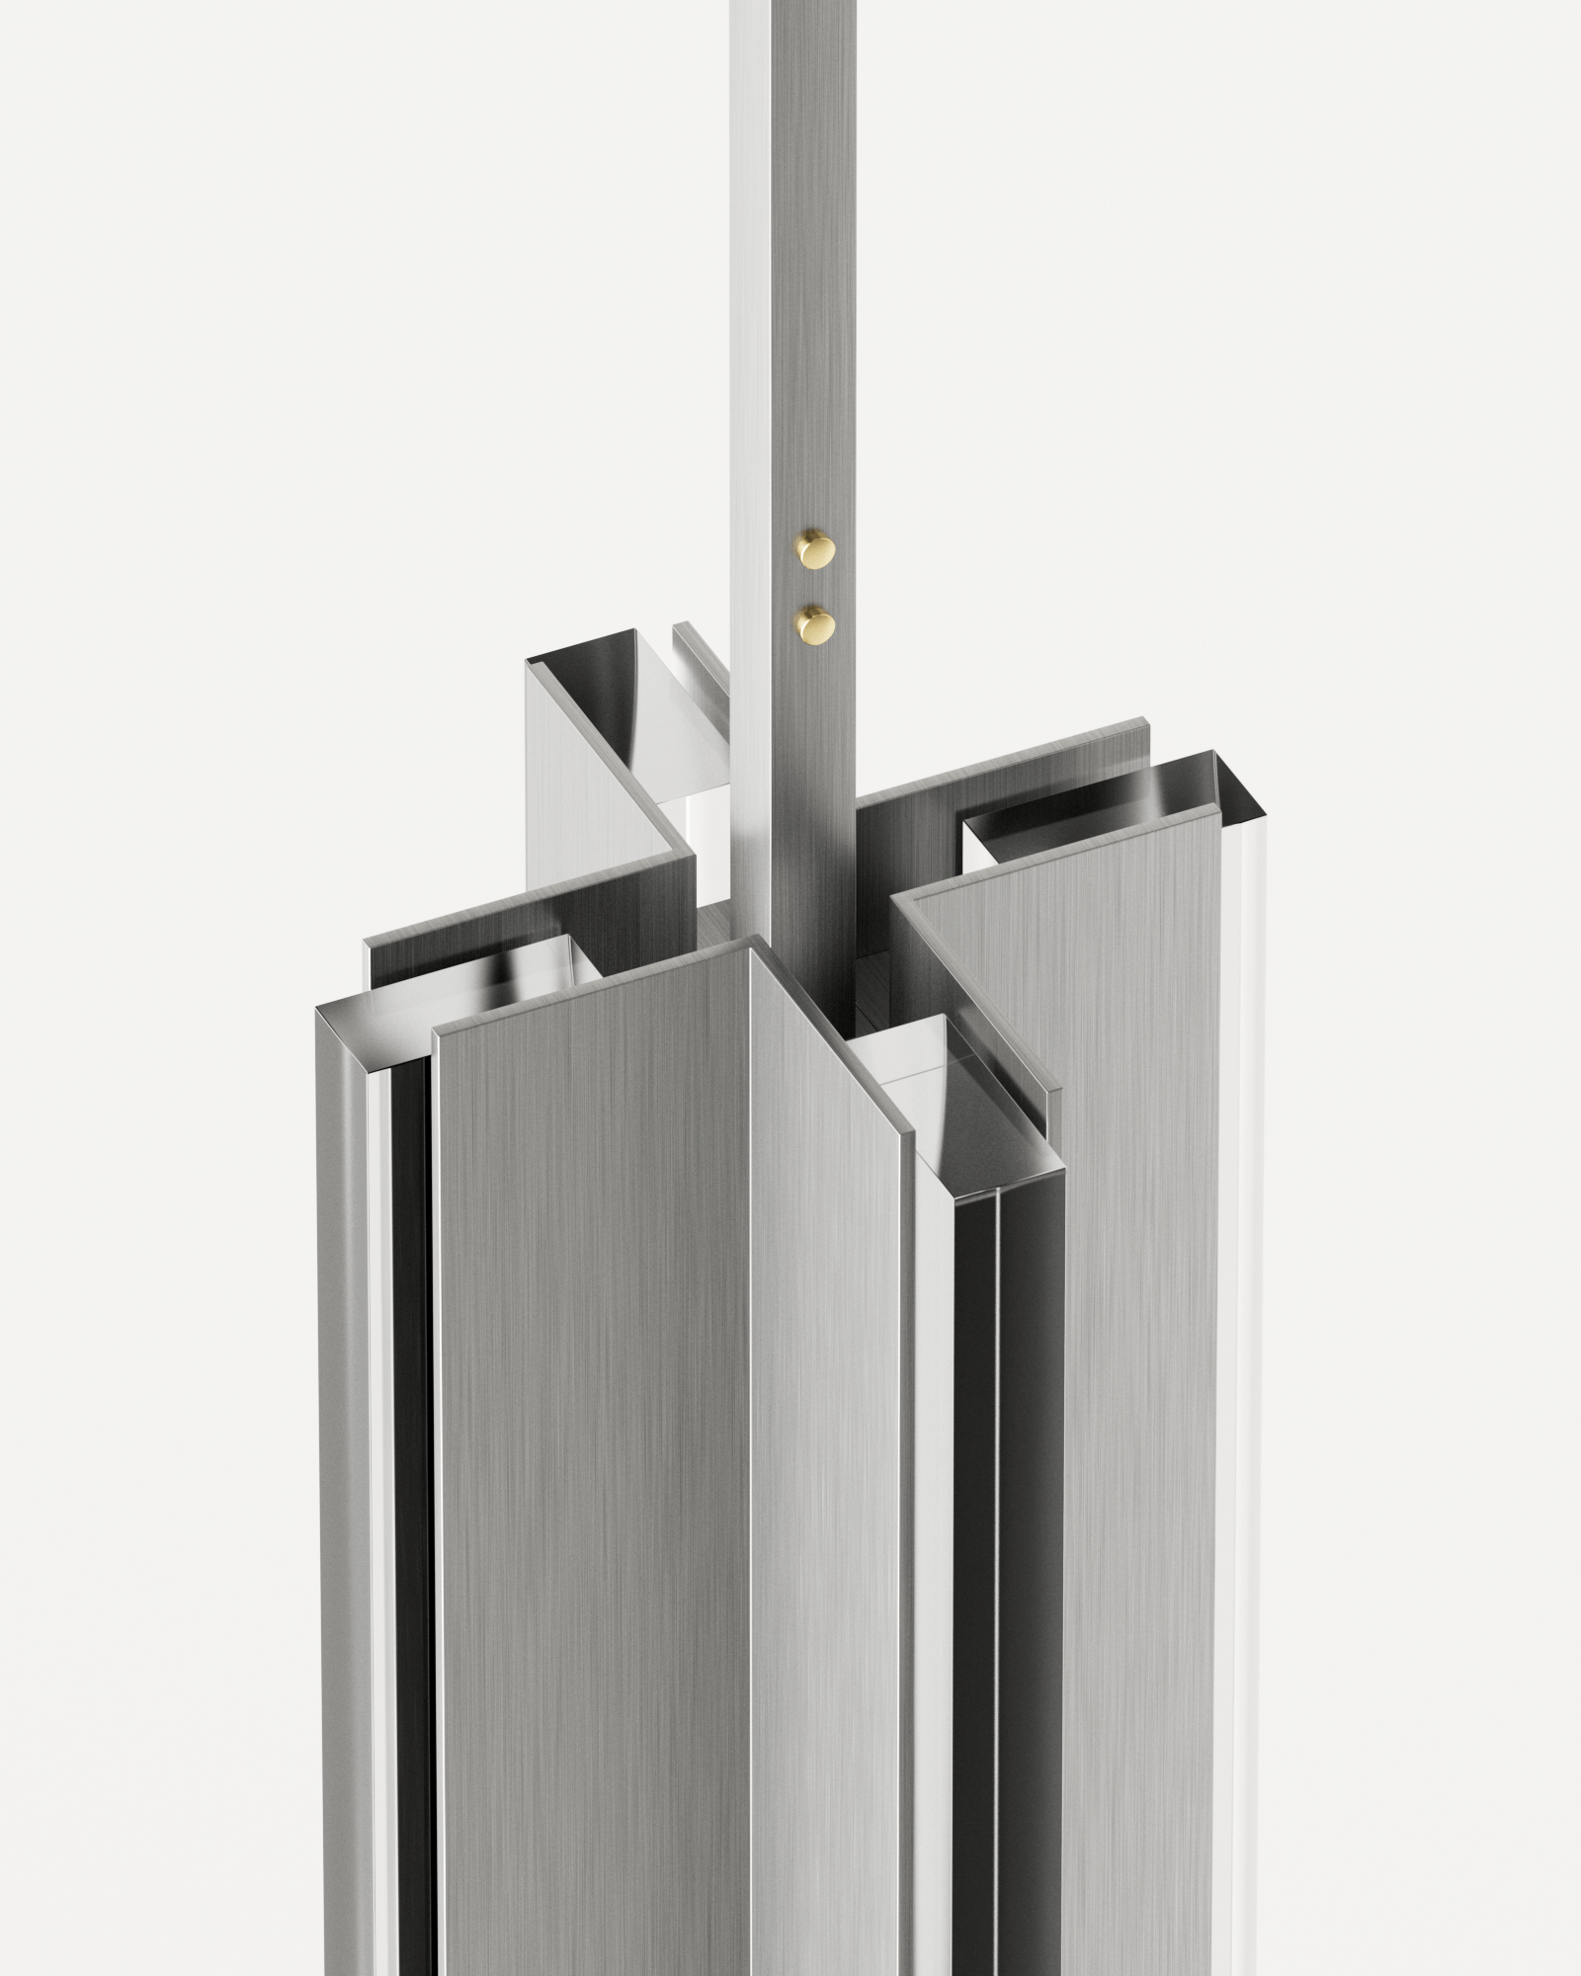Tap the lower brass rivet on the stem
[816, 622]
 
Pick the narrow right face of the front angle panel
[825, 1433]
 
